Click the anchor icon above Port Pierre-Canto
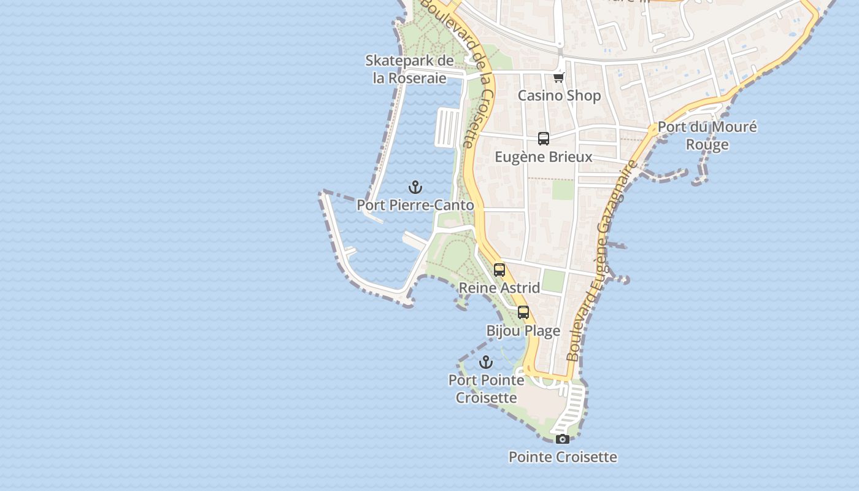click(x=416, y=187)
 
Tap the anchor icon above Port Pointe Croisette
click(x=486, y=362)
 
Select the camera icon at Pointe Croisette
click(x=562, y=439)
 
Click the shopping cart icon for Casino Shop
click(x=558, y=77)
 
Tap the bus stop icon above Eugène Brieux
click(x=544, y=139)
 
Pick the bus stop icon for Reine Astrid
click(x=499, y=269)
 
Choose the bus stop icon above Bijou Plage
click(x=523, y=312)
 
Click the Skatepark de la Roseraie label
click(x=409, y=69)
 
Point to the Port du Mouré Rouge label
click(x=707, y=136)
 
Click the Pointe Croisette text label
click(x=563, y=457)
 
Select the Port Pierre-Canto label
click(x=415, y=205)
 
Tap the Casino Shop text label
click(x=559, y=96)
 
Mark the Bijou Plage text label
click(x=523, y=331)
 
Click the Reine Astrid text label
click(x=499, y=288)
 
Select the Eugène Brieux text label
click(x=544, y=157)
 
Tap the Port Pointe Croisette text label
click(x=486, y=389)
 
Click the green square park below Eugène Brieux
click(x=563, y=190)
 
